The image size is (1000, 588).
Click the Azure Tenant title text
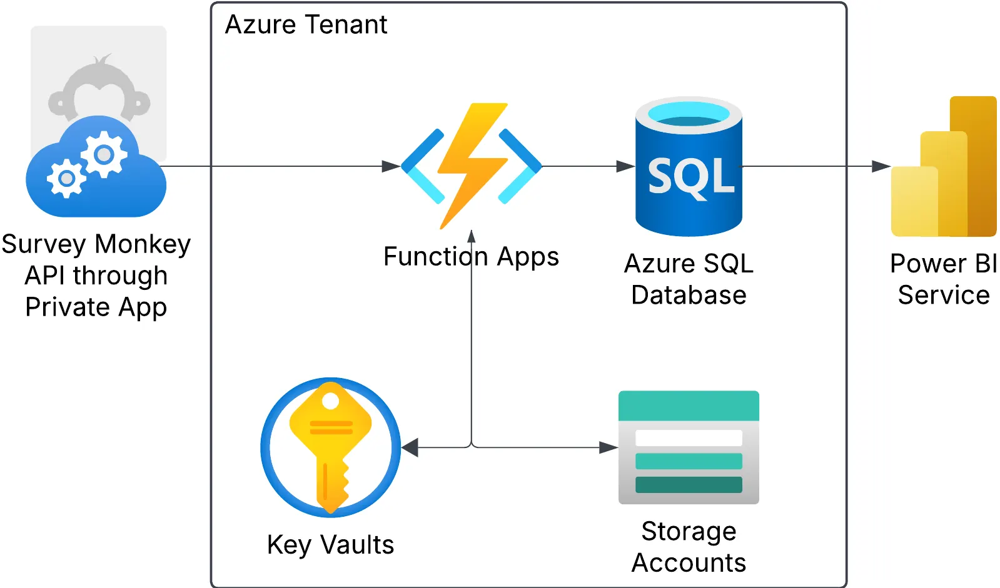(306, 25)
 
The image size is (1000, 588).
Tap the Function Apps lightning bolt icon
(472, 166)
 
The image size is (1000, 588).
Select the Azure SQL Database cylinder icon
(689, 167)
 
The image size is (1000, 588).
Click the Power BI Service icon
(944, 167)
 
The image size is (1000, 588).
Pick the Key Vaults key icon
(330, 447)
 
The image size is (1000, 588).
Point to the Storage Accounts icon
(689, 447)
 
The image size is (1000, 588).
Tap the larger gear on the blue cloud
(104, 154)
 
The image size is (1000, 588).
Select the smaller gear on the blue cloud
(66, 179)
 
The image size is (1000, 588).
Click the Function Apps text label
(471, 257)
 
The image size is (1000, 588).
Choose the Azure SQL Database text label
(689, 279)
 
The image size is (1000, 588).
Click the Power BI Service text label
(944, 279)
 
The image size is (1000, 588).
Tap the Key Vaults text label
(330, 545)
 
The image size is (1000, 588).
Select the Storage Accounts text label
(689, 547)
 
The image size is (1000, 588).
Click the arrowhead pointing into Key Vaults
(410, 447)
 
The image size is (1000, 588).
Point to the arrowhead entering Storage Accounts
(609, 447)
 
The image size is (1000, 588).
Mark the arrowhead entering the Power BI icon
(881, 166)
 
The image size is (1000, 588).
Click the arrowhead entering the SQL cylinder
(625, 166)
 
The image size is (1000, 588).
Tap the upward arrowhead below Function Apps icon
(472, 236)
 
